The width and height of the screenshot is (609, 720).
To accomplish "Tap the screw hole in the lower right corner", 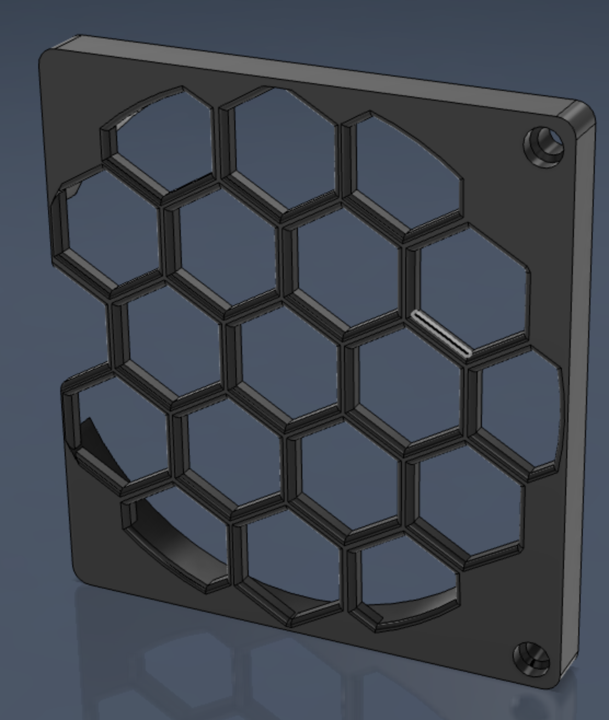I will coord(531,659).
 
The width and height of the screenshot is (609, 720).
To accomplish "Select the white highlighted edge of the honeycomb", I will coord(441,333).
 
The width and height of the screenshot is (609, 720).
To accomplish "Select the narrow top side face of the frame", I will coord(318,68).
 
